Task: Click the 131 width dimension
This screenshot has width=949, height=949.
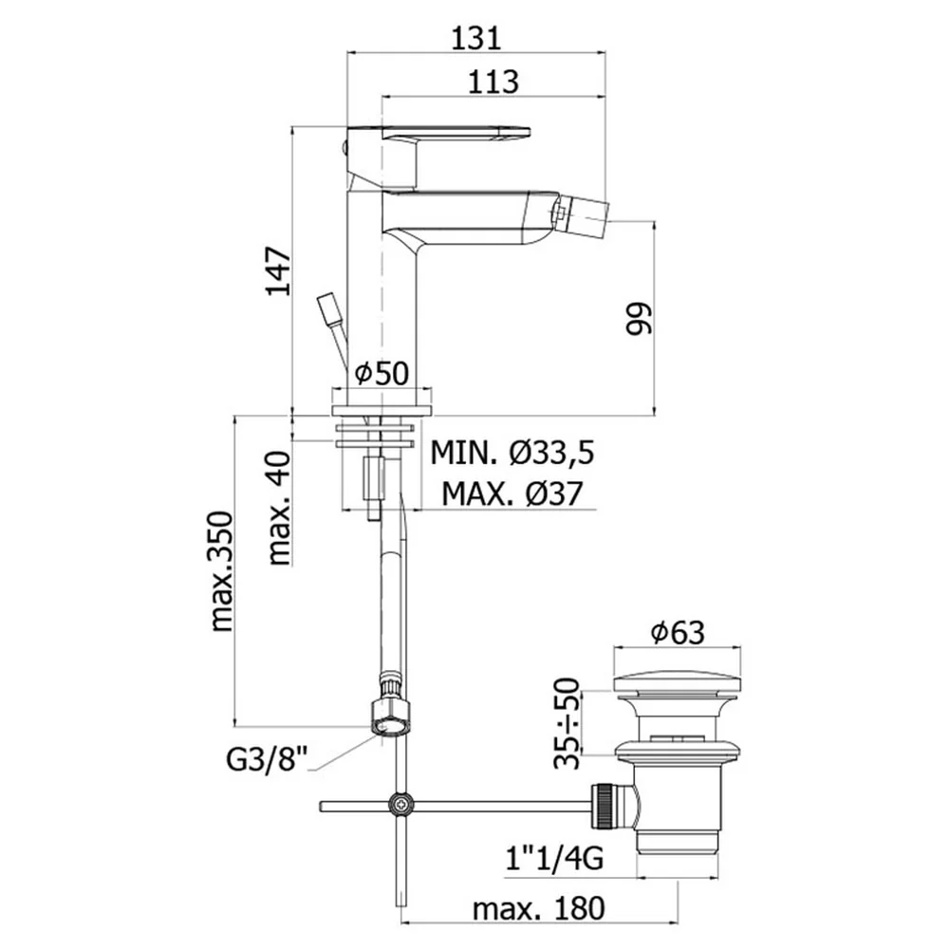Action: [x=477, y=38]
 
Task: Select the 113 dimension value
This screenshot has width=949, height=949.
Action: [x=493, y=82]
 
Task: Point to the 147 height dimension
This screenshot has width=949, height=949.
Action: [x=279, y=270]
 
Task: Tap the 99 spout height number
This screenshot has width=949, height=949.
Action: [x=640, y=318]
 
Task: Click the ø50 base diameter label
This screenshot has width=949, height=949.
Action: [x=381, y=373]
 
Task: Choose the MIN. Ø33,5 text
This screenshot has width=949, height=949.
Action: [x=512, y=452]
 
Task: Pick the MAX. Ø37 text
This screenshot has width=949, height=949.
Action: [x=512, y=493]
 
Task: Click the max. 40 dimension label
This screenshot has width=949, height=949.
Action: [x=279, y=508]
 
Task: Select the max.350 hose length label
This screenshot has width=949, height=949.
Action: [x=221, y=572]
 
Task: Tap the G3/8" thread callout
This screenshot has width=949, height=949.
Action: [x=268, y=759]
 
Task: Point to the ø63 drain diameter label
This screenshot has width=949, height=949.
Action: [x=678, y=632]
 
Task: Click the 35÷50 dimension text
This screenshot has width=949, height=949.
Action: [x=567, y=723]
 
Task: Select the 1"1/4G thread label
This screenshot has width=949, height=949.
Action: [x=555, y=858]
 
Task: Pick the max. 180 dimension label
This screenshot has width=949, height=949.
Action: [x=539, y=908]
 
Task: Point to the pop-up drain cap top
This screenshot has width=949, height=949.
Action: [x=678, y=682]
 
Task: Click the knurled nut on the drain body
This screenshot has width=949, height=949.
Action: [x=603, y=805]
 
